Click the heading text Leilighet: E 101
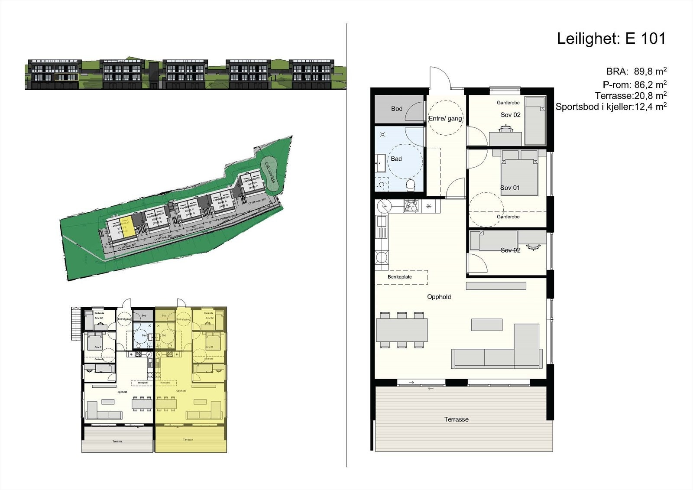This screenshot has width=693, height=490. pos(611,39)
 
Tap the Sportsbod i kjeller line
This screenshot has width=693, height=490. pos(611,107)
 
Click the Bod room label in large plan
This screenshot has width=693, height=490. pos(396,109)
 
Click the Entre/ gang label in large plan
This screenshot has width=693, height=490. pos(445,118)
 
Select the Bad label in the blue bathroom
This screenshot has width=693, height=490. pos(396,159)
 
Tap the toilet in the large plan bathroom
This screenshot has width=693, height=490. pos(411,185)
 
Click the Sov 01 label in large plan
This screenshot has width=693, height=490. pos(510,188)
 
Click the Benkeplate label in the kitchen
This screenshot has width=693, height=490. pos(400,277)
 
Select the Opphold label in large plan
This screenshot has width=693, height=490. pos(439,297)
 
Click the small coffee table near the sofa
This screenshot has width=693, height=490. pos(487,325)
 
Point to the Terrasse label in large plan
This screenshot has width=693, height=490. pos(456,419)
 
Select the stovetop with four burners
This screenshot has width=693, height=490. pos(410,206)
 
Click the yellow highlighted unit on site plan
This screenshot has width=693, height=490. pos(128,228)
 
